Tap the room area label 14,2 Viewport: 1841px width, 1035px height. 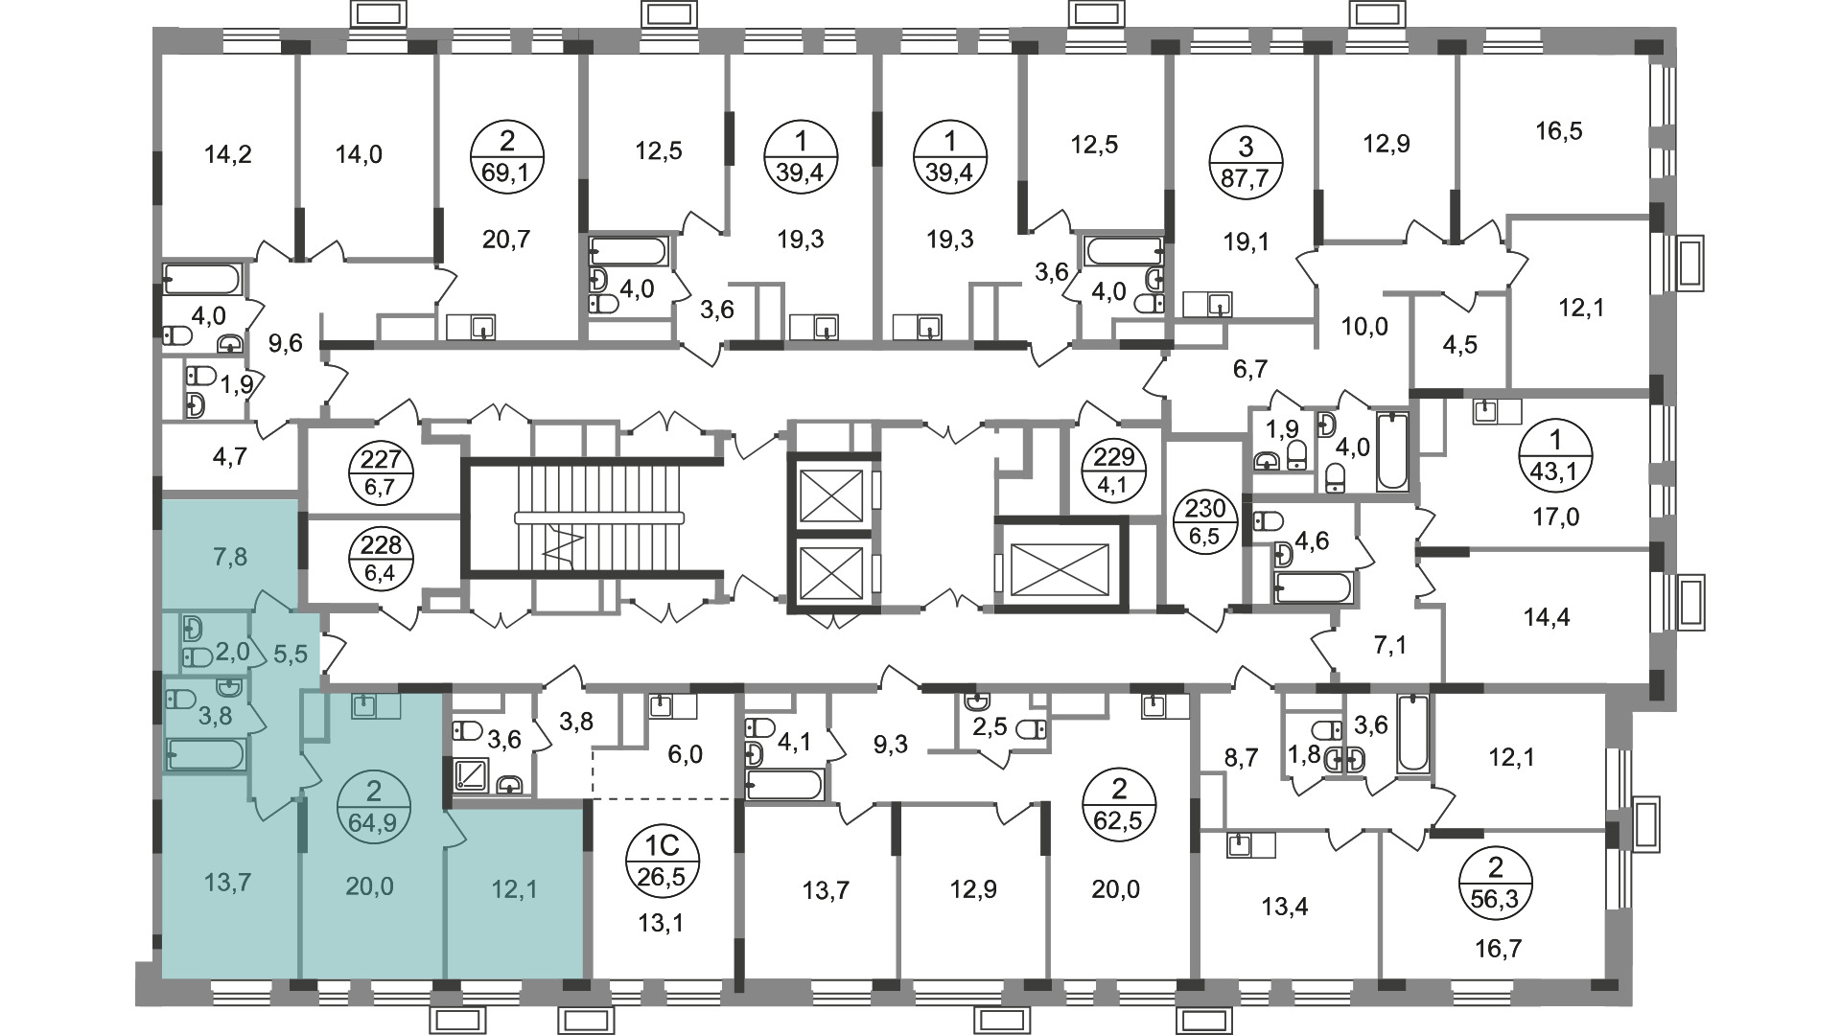pos(228,153)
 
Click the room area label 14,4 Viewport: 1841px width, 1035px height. pos(1547,617)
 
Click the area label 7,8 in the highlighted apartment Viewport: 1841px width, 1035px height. pos(227,557)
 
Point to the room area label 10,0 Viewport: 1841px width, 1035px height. pos(1364,327)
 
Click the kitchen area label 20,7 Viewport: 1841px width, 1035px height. pos(506,239)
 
